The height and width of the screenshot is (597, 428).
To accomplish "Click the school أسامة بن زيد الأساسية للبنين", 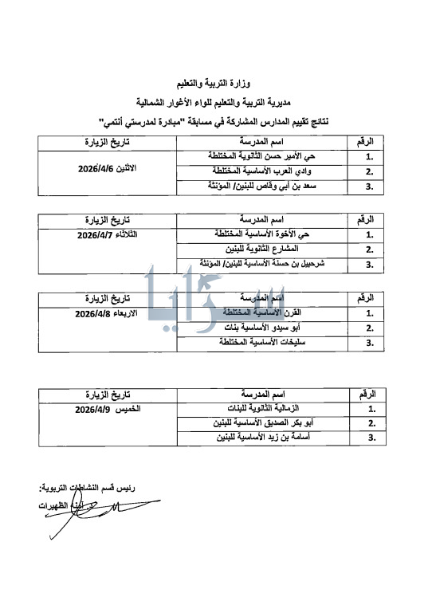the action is (x=252, y=438).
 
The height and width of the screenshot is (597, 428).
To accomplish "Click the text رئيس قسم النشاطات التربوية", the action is (x=80, y=487).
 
